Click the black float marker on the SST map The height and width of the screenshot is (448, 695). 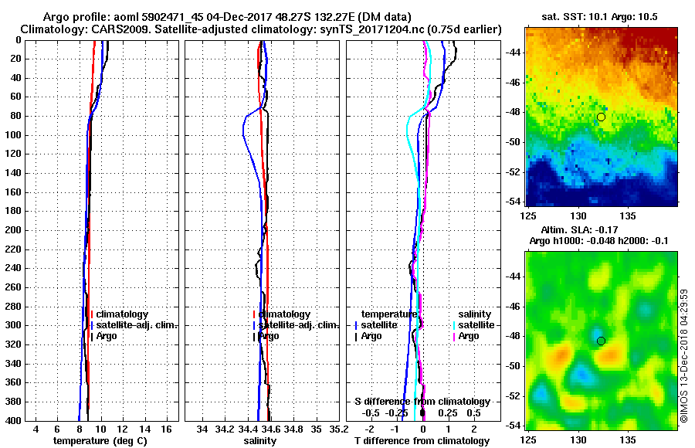coord(601,117)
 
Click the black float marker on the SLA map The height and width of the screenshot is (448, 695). coord(601,341)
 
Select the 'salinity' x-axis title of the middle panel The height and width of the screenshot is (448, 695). coord(261,441)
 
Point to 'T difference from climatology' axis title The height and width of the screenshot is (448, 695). coord(422,441)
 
